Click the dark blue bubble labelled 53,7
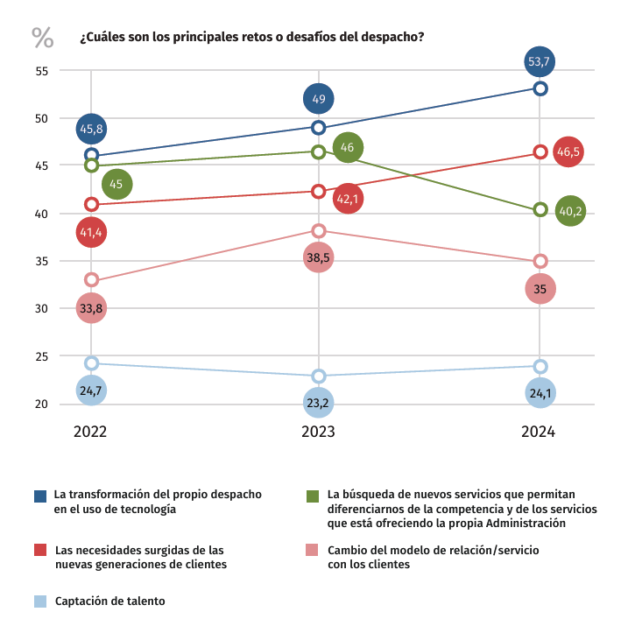pos(540,61)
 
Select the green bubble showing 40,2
pos(570,210)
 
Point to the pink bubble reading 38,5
pos(319,257)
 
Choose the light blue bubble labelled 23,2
pos(319,404)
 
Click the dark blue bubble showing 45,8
pos(91,129)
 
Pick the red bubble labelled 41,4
pos(91,233)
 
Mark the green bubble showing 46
pos(347,148)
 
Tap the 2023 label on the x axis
pos(319,432)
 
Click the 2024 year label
pos(540,432)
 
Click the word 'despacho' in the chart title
pos(392,38)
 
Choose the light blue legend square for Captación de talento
pos(40,601)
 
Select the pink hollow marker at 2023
pos(319,230)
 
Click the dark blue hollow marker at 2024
pos(540,88)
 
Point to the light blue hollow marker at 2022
pos(91,362)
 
